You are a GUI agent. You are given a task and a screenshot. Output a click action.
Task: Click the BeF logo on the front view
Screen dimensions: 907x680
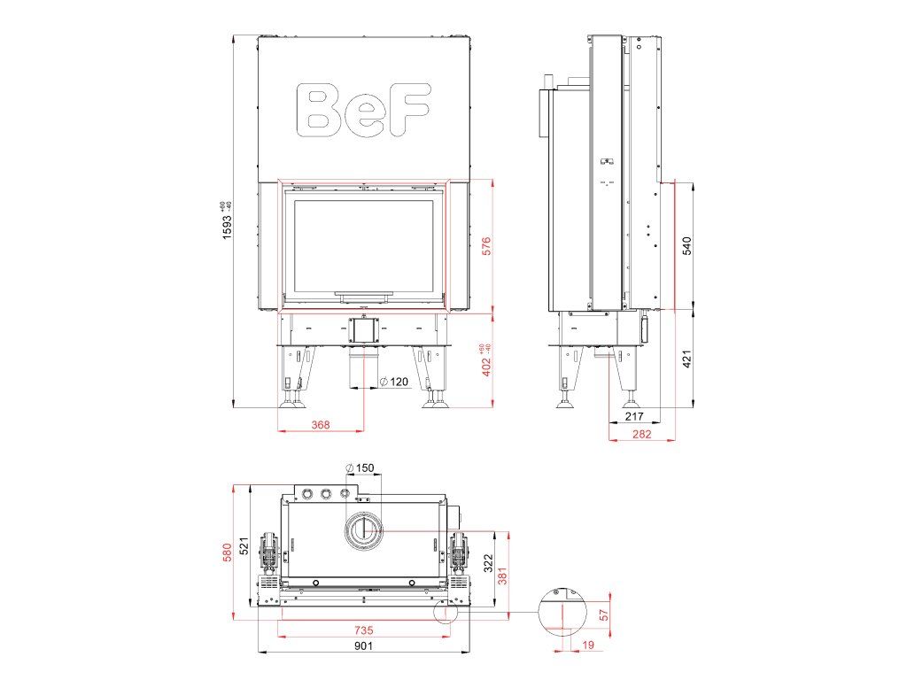363,110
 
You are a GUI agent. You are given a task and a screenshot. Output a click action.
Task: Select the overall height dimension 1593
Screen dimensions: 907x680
226,220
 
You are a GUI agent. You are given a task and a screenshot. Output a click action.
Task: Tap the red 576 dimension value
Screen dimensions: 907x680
486,246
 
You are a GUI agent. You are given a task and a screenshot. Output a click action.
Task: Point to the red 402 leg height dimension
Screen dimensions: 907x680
486,359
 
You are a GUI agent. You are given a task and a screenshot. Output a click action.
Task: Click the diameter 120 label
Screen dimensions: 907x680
393,382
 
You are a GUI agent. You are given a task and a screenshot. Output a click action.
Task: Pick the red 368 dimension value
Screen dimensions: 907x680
321,424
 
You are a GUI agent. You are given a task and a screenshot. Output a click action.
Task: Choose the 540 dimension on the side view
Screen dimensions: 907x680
686,246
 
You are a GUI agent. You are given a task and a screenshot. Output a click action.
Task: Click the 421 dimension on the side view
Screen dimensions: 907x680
686,359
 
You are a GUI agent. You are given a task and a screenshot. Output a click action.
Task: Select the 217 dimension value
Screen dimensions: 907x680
634,416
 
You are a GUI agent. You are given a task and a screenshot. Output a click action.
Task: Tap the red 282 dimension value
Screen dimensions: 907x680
641,434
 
